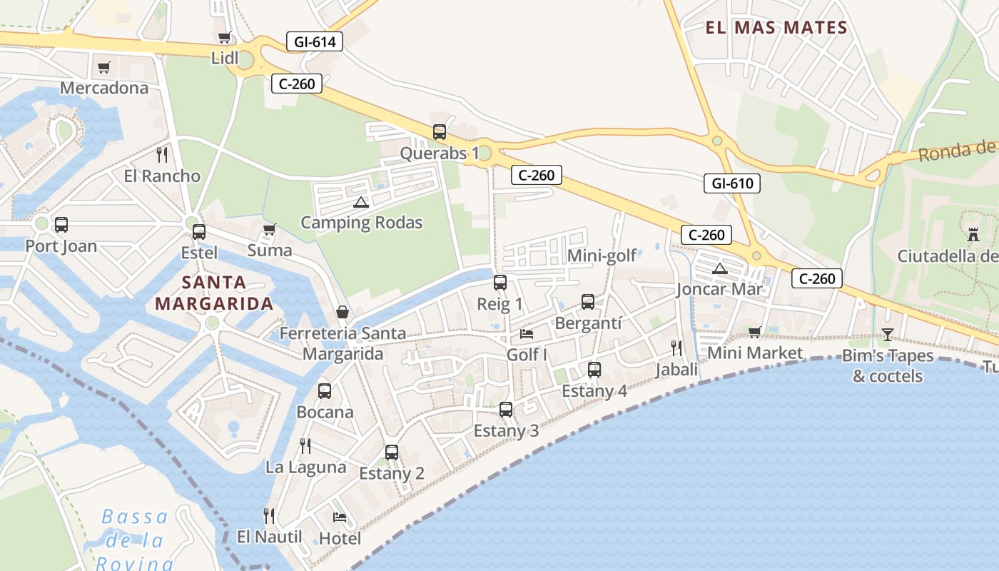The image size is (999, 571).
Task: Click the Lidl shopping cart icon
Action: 224,38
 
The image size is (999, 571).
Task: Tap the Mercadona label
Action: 104,88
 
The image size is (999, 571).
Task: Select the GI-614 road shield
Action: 315,41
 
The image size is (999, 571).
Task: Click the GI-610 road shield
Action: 732,183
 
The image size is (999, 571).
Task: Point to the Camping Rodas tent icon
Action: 361,202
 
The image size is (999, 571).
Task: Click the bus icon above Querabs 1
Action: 440,132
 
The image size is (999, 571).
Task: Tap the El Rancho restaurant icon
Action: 162,155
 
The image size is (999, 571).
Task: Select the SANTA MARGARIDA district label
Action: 214,293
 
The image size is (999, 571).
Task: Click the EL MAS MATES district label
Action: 776,28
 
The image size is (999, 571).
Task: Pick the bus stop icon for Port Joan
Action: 61,225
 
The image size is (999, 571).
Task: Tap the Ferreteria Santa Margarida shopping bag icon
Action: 343,313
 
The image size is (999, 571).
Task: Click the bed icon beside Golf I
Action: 527,333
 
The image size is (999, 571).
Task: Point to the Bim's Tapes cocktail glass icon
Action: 887,334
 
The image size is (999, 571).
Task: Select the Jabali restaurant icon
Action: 676,348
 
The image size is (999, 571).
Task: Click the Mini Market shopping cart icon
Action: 755,332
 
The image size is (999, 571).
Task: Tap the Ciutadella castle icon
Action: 973,234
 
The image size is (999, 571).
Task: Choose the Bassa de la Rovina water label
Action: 135,540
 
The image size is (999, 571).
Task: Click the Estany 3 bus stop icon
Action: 506,410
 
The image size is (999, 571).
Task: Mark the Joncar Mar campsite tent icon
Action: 719,268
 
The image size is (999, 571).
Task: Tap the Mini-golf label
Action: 602,256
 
